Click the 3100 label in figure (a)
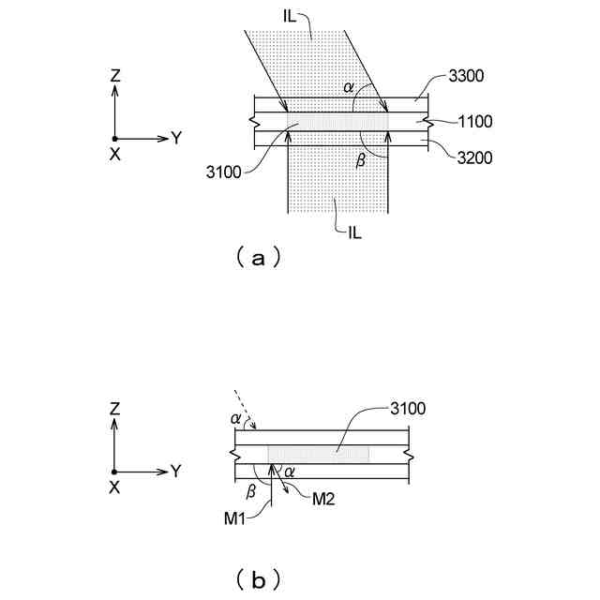pos(224,172)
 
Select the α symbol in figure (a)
pos(349,87)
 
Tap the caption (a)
pos(255,255)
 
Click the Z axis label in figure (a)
pos(114,74)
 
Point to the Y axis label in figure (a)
pos(175,138)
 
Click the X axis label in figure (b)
pos(114,487)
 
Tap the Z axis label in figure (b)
pos(114,409)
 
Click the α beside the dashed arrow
pos(234,417)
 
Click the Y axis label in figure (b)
pos(175,471)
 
